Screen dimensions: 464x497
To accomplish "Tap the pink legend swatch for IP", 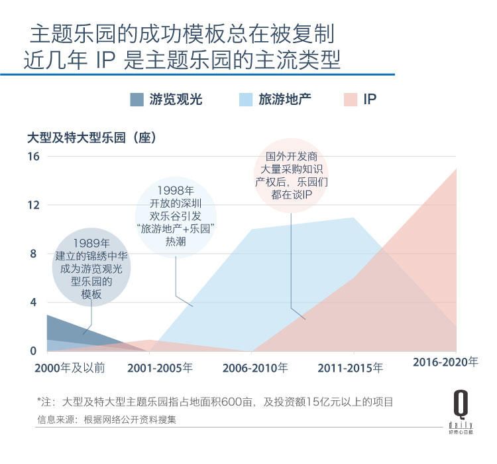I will (351, 100).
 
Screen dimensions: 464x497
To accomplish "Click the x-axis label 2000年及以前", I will (69, 367).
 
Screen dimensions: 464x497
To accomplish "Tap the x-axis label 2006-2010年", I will (255, 367).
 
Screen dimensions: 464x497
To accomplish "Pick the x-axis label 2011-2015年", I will (350, 367).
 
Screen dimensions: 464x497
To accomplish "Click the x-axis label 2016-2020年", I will (445, 362).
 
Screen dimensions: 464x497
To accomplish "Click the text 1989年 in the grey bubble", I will (91, 242).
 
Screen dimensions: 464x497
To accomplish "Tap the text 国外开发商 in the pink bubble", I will (292, 157).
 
